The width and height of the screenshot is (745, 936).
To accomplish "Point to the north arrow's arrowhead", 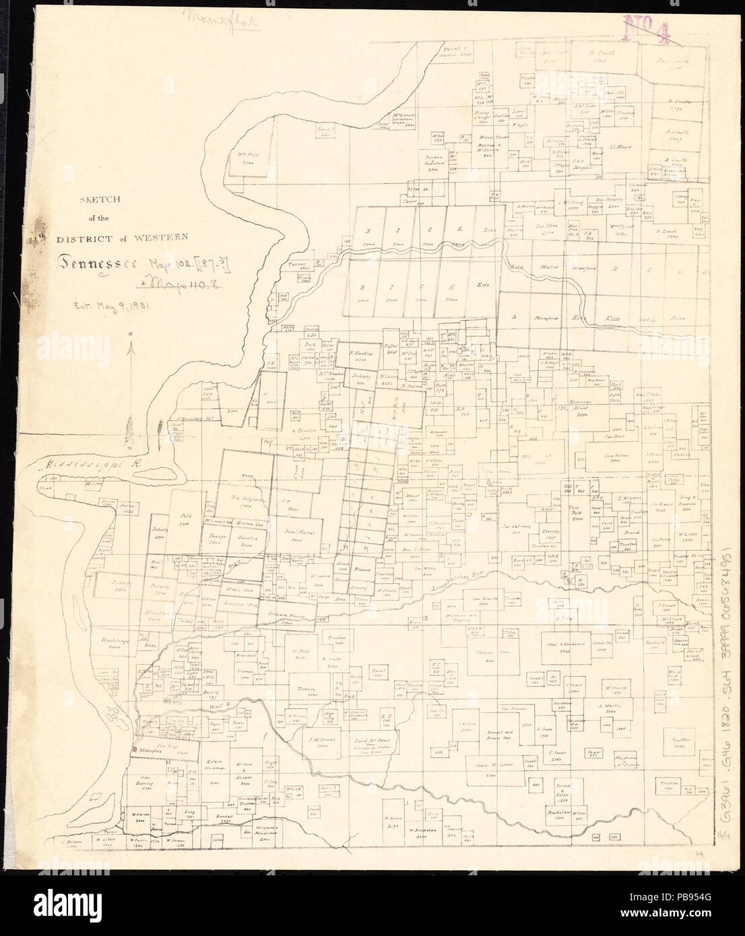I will (135, 347).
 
